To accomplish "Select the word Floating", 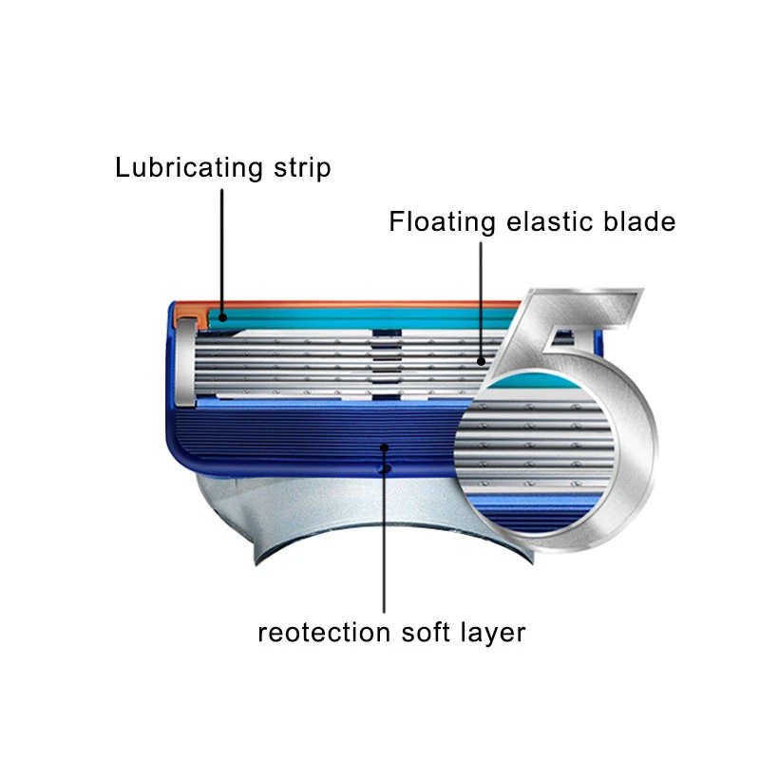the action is click(443, 221).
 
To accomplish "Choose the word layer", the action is click(492, 632).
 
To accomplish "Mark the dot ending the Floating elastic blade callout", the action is click(482, 361).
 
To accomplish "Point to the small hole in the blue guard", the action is click(384, 468).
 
